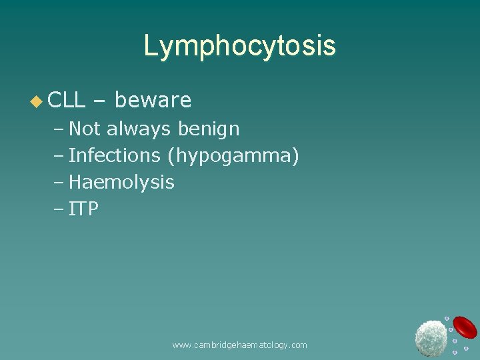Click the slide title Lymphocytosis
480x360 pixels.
(x=240, y=46)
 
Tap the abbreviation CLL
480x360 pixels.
(x=67, y=100)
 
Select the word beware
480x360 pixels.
(x=153, y=100)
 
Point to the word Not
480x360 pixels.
(x=84, y=129)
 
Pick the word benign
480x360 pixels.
(x=209, y=129)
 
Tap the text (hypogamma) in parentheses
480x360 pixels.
(x=233, y=156)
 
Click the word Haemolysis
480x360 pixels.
(x=121, y=182)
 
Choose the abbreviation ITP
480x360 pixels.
(x=84, y=209)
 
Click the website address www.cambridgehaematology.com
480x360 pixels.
(x=239, y=345)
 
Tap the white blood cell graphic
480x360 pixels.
(x=431, y=337)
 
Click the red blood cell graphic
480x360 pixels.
(x=465, y=327)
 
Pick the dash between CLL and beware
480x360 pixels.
(x=100, y=101)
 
